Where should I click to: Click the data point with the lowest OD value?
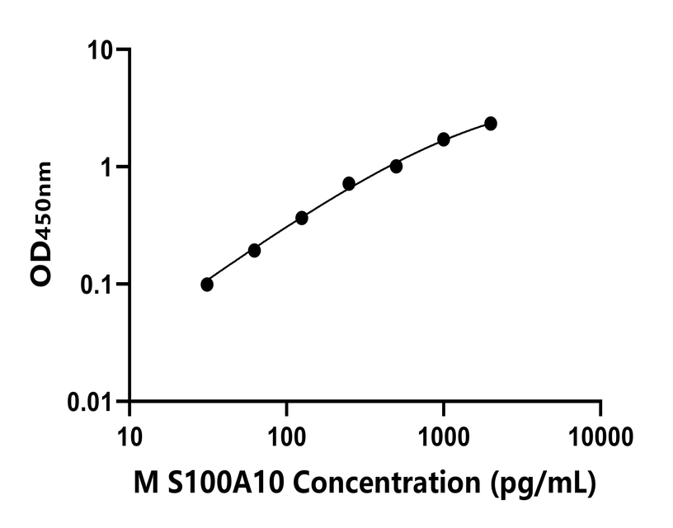tap(207, 285)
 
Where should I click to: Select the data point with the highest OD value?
tap(491, 123)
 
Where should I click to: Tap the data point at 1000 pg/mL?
tap(444, 139)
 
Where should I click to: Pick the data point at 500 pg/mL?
tap(397, 167)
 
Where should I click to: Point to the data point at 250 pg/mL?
tap(349, 183)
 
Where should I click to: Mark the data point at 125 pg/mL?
tap(302, 218)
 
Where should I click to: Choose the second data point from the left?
tap(254, 250)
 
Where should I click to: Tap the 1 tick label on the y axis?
tap(108, 167)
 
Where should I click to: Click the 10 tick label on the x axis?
tap(129, 434)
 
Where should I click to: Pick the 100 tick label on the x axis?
tap(286, 434)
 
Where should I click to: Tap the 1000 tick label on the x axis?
tap(444, 434)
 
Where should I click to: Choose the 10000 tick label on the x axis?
tap(600, 434)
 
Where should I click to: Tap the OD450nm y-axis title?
tap(42, 224)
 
